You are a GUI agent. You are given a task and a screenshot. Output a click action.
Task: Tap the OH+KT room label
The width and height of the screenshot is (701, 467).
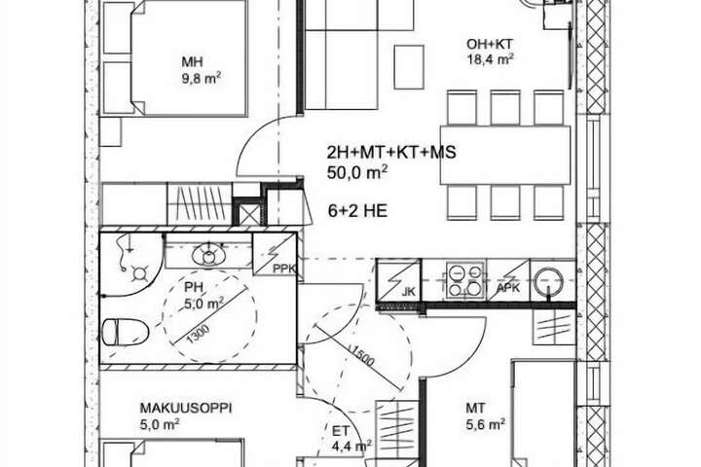490,44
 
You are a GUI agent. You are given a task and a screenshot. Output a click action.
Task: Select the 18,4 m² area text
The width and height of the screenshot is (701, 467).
490,59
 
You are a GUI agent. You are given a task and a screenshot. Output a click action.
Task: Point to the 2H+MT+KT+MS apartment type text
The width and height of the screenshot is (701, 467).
391,153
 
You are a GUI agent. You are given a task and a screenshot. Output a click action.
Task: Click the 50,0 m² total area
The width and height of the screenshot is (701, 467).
356,172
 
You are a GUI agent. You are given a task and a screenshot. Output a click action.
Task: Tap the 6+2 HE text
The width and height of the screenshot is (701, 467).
357,211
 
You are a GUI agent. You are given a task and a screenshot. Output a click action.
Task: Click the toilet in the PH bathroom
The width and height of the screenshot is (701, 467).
125,333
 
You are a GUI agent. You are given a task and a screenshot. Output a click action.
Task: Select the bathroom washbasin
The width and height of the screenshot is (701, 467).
208,256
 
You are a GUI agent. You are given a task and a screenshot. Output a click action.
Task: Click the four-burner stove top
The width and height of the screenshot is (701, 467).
465,280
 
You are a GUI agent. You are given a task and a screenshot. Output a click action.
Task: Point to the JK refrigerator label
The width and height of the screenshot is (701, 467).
409,292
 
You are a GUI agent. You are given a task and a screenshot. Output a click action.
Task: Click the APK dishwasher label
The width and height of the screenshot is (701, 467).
508,288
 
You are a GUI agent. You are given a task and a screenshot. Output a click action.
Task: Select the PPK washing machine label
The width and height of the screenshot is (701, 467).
284,269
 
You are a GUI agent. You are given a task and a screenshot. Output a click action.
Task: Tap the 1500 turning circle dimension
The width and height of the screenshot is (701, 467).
361,355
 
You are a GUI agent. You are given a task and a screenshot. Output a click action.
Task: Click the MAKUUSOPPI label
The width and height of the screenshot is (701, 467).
186,408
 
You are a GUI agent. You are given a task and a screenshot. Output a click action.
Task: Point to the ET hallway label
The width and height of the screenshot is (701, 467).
340,431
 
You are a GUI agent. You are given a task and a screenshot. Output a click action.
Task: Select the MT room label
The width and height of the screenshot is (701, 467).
475,408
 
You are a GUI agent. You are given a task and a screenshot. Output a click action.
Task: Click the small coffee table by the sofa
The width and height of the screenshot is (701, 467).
409,67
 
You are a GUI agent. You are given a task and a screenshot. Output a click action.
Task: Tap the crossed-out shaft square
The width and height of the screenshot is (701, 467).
250,214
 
